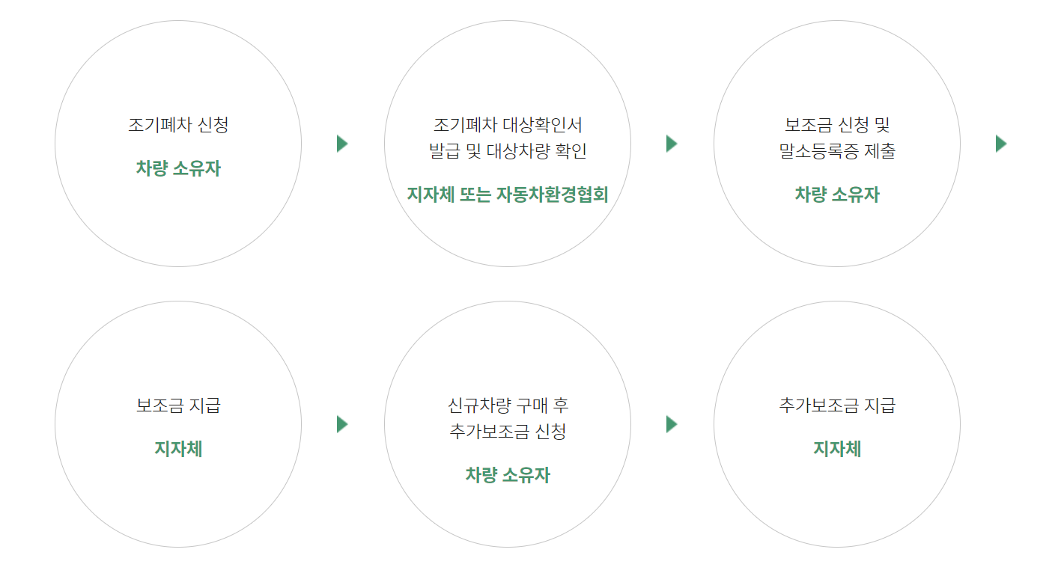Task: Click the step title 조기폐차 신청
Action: click(178, 125)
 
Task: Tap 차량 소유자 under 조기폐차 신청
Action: click(178, 168)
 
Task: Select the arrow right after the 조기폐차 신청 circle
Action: click(342, 144)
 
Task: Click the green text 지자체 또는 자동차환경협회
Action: click(508, 195)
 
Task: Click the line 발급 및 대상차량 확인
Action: click(508, 151)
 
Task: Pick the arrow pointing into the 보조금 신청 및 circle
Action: click(672, 144)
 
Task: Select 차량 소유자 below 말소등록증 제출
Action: click(837, 195)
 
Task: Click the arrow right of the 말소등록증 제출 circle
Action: click(1001, 144)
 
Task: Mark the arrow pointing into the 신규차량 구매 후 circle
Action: click(342, 424)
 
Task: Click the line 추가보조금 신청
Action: click(508, 432)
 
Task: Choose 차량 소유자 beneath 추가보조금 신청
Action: click(508, 475)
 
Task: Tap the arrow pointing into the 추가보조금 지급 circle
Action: click(672, 424)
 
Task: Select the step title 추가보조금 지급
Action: click(837, 406)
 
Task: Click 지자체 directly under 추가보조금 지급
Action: click(837, 449)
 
